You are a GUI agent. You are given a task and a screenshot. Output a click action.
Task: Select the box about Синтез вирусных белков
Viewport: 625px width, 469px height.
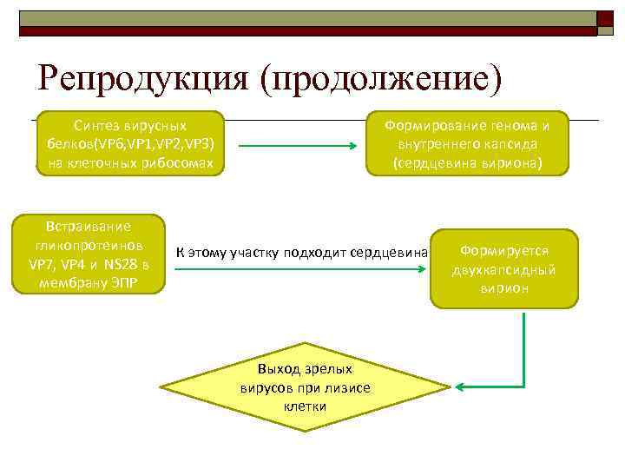pos(131,143)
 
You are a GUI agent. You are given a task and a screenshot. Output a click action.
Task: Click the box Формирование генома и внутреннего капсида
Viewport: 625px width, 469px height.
pos(472,143)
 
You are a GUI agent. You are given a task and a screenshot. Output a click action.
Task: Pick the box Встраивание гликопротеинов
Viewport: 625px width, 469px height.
pos(90,254)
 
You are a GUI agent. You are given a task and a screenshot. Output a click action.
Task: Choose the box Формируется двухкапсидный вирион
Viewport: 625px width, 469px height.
pos(504,269)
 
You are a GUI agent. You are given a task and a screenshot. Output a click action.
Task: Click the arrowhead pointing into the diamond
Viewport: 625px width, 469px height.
pos(463,386)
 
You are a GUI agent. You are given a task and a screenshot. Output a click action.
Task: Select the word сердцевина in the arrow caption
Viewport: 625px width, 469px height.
pos(391,253)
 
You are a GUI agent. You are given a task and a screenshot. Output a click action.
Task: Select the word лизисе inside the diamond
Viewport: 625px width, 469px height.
pos(350,387)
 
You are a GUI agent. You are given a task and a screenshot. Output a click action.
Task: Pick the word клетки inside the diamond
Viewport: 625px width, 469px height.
pos(305,405)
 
